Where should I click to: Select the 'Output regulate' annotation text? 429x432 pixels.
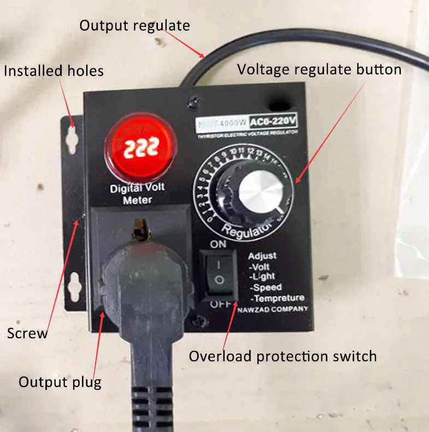[134, 25]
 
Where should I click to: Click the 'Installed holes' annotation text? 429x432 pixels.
[54, 71]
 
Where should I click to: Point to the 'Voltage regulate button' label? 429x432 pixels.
[319, 70]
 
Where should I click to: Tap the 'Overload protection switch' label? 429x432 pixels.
[283, 356]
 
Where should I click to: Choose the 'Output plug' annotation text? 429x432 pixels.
[60, 381]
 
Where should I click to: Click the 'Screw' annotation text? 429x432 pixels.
[27, 333]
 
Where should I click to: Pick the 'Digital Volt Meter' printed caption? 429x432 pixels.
[137, 194]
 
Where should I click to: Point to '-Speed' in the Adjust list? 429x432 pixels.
[266, 287]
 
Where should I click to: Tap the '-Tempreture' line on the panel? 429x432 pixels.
[277, 298]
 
